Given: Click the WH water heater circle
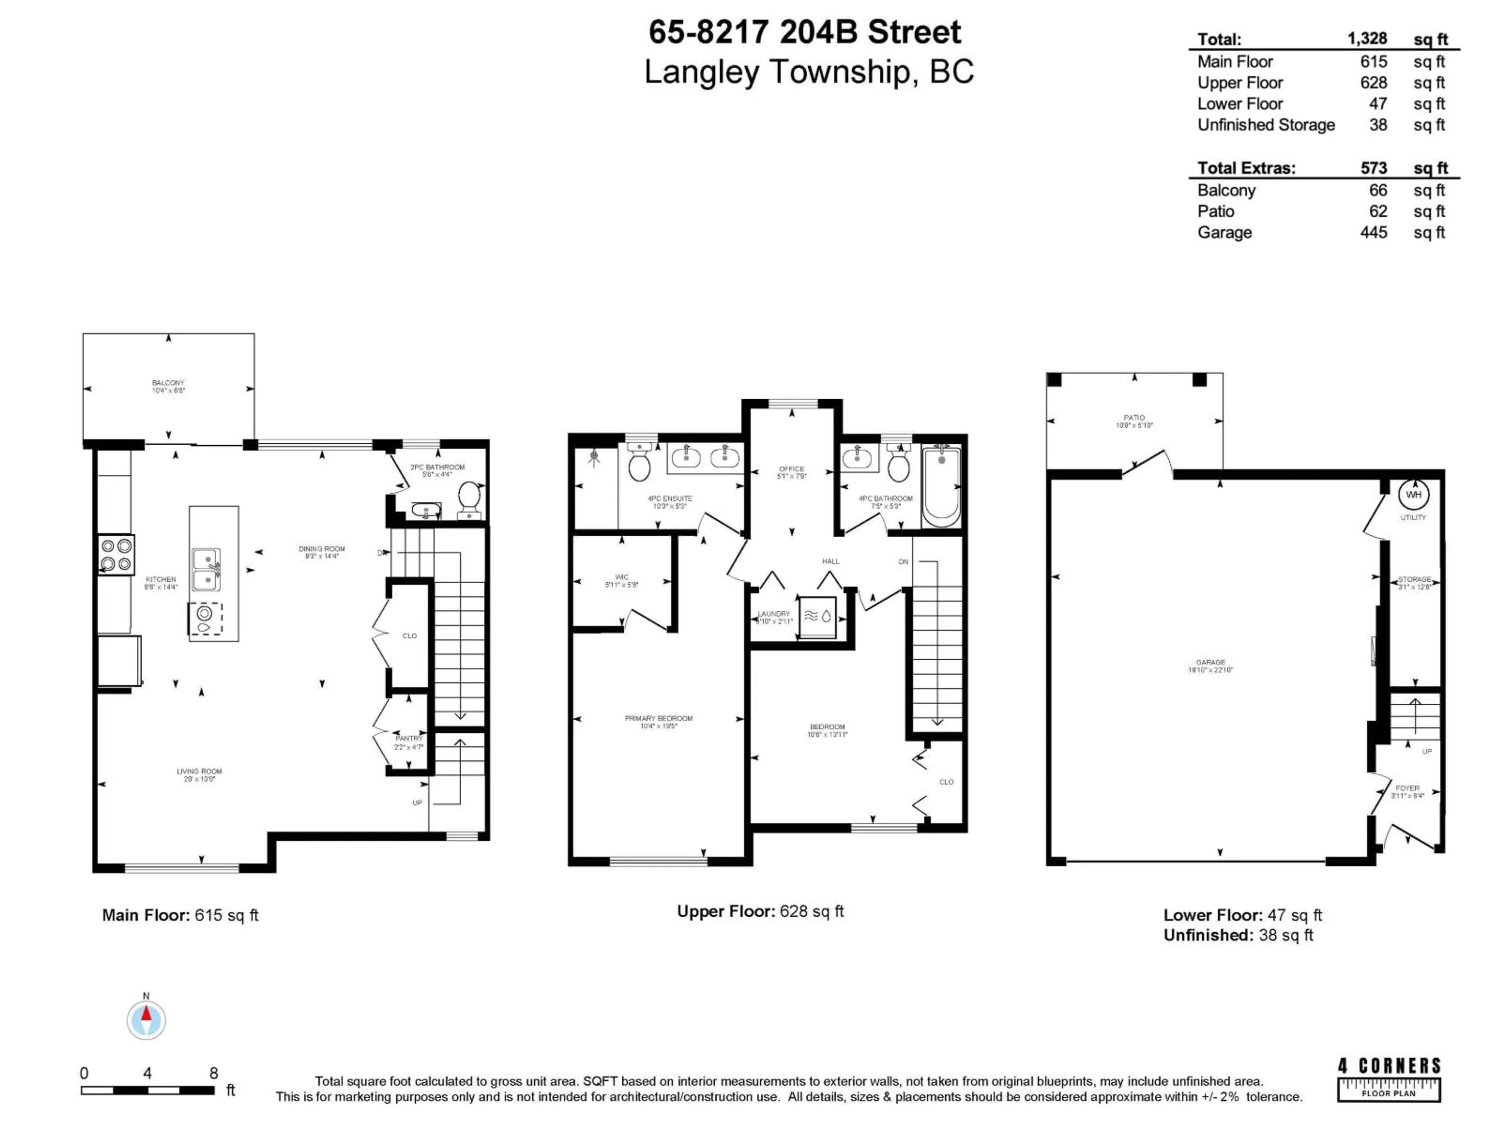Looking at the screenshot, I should [x=1413, y=495].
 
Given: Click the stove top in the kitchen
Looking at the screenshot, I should [x=116, y=554].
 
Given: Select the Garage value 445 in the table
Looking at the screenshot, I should [x=1374, y=232].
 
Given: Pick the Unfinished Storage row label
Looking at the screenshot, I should [x=1266, y=125].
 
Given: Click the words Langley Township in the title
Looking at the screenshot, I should [x=778, y=72].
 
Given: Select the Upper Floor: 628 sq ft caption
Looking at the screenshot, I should [x=760, y=911].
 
